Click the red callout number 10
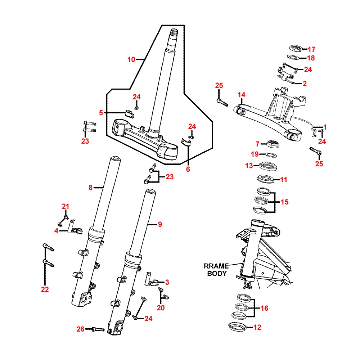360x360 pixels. [131, 59]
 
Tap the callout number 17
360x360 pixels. [311, 49]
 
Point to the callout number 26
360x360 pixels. [80, 329]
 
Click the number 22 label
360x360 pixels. [45, 289]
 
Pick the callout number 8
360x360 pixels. [90, 187]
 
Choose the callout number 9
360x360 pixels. [160, 224]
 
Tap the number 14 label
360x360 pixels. [241, 95]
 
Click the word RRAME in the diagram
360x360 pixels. [216, 266]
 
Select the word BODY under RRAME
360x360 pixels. [217, 273]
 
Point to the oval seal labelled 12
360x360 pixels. [238, 327]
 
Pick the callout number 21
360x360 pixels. [65, 206]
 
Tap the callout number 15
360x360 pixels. [284, 202]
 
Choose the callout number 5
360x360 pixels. [101, 113]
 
